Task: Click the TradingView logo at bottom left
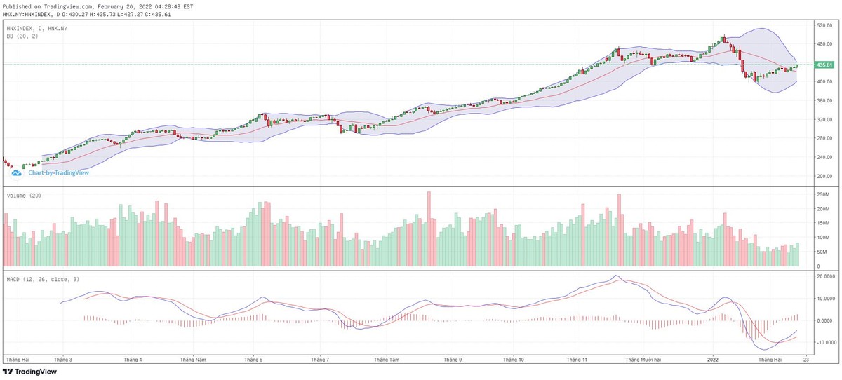coord(30,372)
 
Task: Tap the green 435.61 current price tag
coord(824,65)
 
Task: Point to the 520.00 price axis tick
coord(823,25)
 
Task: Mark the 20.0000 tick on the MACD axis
coord(824,277)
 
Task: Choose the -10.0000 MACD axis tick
coord(824,343)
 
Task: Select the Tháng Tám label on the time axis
coord(386,359)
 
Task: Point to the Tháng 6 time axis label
coord(253,359)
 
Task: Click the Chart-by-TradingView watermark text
coord(58,172)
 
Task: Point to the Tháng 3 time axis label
coord(62,359)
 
